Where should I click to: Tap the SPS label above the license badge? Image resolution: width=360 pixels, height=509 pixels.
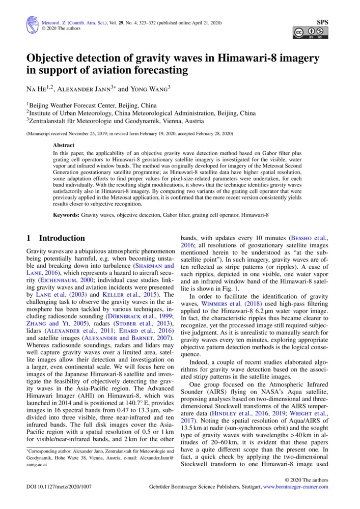click(x=322, y=22)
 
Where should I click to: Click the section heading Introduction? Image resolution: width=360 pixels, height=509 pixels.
click(x=62, y=238)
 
